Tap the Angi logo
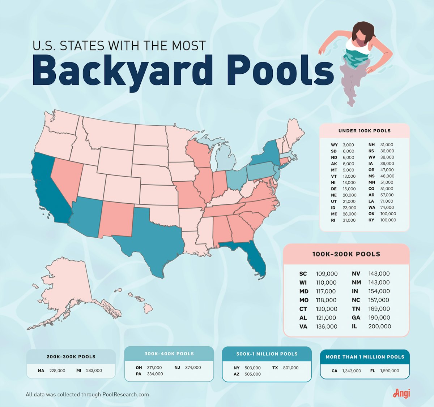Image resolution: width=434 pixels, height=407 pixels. pyautogui.click(x=401, y=393)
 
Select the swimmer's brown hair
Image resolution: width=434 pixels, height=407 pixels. pyautogui.click(x=363, y=31)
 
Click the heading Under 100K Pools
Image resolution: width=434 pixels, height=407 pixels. pyautogui.click(x=365, y=131)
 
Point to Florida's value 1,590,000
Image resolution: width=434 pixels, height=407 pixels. pyautogui.click(x=390, y=371)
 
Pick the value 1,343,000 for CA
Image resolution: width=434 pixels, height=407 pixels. pyautogui.click(x=352, y=371)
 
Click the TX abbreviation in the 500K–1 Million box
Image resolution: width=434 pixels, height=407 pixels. pyautogui.click(x=275, y=368)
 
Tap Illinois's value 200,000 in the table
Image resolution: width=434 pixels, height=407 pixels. pyautogui.click(x=380, y=326)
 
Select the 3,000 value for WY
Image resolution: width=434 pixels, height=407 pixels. pyautogui.click(x=348, y=145)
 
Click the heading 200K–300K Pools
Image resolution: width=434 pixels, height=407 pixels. pyautogui.click(x=71, y=357)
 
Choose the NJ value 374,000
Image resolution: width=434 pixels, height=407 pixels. pyautogui.click(x=193, y=368)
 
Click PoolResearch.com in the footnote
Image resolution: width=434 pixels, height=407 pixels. pyautogui.click(x=125, y=394)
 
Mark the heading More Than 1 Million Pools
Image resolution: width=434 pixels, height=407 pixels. pyautogui.click(x=365, y=357)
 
